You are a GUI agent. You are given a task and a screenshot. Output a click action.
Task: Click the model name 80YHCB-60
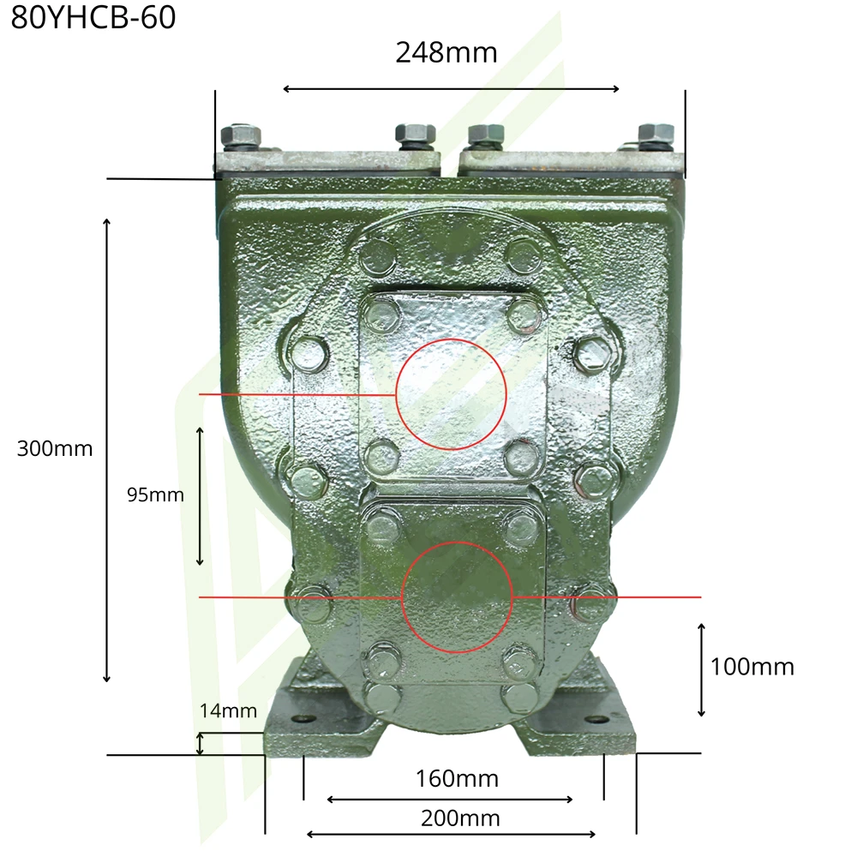pyautogui.click(x=93, y=17)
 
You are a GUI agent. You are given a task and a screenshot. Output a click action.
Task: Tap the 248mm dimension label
pyautogui.click(x=446, y=53)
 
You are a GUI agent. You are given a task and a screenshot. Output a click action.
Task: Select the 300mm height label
pyautogui.click(x=55, y=449)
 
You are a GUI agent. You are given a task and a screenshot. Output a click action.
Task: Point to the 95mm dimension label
pyautogui.click(x=155, y=494)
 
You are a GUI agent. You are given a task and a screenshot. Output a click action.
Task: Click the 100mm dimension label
pyautogui.click(x=752, y=667)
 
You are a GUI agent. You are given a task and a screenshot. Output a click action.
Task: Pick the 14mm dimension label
pyautogui.click(x=228, y=710)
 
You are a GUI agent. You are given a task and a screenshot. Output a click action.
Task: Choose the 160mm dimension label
pyautogui.click(x=457, y=779)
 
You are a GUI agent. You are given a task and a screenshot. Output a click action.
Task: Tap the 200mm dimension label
pyautogui.click(x=460, y=818)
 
